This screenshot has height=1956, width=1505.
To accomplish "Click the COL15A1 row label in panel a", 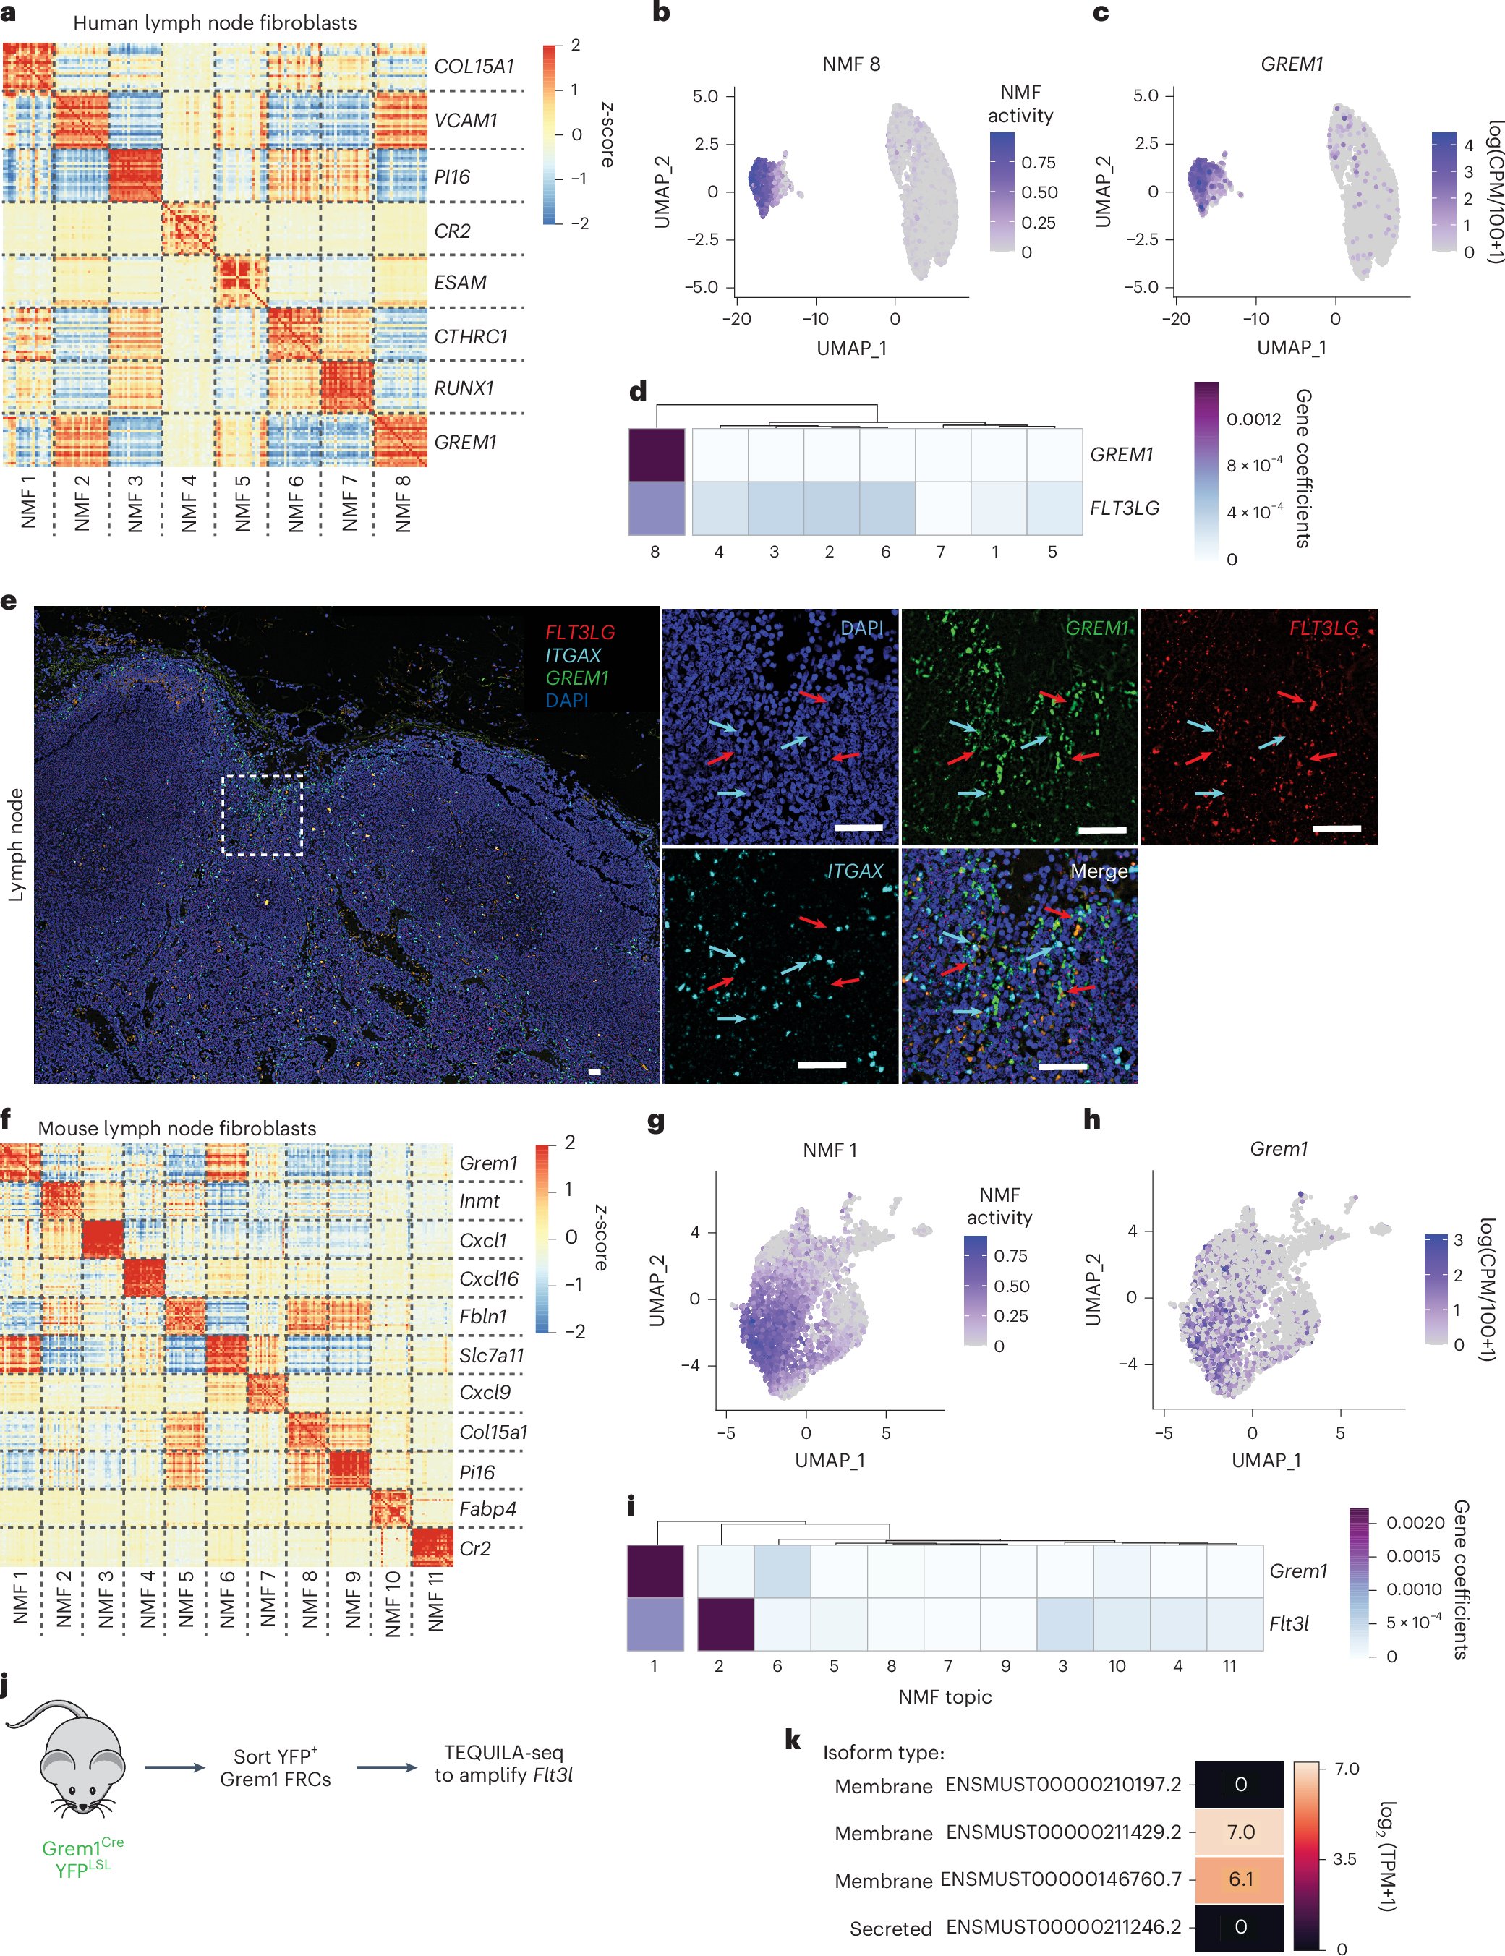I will coord(474,67).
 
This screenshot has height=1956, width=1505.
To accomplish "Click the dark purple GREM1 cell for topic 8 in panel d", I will coord(657,455).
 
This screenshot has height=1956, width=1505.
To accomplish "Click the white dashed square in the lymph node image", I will coord(263,815).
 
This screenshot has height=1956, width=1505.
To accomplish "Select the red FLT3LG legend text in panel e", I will coord(579,632).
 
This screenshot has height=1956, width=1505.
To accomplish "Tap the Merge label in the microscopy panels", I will coord(1099,871).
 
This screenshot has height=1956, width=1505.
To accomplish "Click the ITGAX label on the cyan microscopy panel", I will coord(853,871).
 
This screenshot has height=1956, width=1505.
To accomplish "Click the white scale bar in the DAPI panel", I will coord(858,827).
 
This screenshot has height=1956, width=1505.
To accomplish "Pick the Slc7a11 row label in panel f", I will coord(491,1355).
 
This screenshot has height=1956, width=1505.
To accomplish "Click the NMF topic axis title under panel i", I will coord(945,1696).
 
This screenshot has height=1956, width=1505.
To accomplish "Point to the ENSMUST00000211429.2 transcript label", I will coord(1062,1832).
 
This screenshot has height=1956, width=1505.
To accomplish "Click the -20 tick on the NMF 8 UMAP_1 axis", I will coord(736,319).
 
